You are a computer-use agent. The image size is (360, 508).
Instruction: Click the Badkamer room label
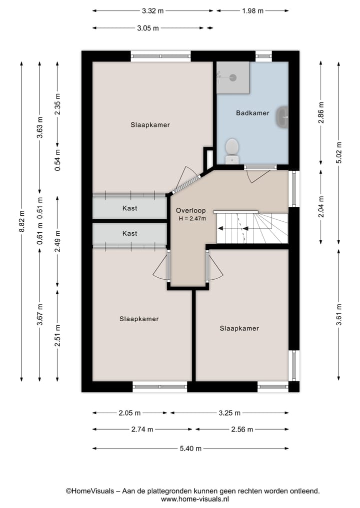coord(252,113)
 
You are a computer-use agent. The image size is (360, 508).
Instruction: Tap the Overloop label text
coord(190,211)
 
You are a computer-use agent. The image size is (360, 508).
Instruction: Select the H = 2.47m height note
coord(192,219)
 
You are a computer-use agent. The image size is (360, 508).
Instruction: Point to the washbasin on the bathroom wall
coord(282,116)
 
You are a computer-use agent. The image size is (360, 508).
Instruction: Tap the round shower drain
coord(233,77)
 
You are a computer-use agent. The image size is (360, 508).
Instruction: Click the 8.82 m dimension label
coord(21,221)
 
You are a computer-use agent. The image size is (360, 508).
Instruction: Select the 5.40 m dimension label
coord(190,449)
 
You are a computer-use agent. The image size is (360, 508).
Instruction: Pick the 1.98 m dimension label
coord(252,11)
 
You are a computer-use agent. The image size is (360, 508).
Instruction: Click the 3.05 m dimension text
coord(148,28)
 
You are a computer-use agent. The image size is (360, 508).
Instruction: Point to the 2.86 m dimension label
coord(321,113)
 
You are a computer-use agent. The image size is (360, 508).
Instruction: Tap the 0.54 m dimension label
coord(57,160)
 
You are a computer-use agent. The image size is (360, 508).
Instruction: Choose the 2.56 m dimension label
coord(242,430)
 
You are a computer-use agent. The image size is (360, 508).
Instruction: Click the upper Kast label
coord(129,208)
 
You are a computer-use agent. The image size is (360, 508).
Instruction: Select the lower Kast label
coord(129,233)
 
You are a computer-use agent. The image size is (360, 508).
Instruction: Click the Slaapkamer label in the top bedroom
coord(150,125)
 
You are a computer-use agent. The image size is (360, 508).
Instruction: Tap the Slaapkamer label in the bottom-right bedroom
coord(239,329)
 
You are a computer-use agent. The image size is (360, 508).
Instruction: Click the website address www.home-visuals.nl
coord(194,499)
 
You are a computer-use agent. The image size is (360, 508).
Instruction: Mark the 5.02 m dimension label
coord(339,152)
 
